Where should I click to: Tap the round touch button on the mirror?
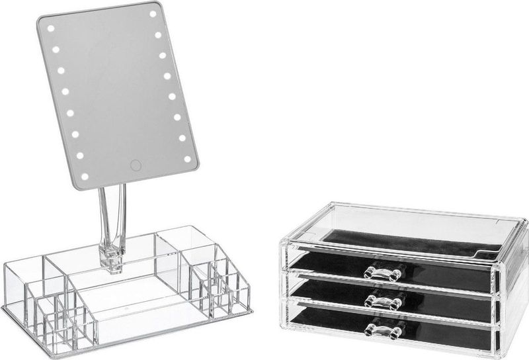click(136, 165)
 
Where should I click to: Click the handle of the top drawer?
click(384, 271)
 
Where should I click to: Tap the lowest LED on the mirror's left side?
click(84, 173)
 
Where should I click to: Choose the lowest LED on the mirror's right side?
click(187, 158)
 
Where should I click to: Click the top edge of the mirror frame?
click(99, 11)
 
